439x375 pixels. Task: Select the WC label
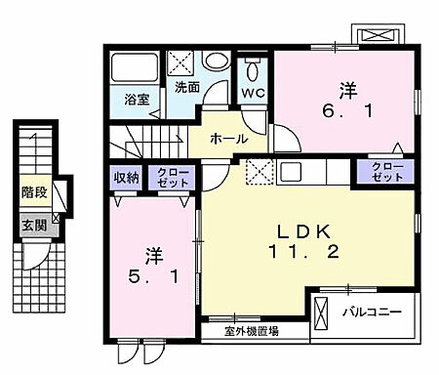(x=252, y=93)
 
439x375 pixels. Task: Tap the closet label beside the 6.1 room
(x=388, y=173)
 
